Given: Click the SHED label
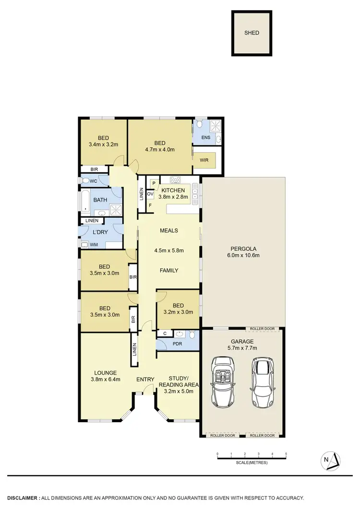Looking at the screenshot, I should click(252, 33).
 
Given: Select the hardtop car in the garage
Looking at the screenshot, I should click(262, 382).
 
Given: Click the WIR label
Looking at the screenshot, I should click(204, 161).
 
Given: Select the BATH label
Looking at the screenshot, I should click(100, 200).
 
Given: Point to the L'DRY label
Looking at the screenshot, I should click(100, 232).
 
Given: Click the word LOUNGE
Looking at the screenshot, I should click(106, 373).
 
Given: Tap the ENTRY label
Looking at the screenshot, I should click(145, 379).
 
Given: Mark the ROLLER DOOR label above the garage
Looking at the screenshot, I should click(262, 329).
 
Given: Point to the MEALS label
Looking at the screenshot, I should click(168, 231).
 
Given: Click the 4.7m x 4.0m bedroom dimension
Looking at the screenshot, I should click(160, 150).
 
